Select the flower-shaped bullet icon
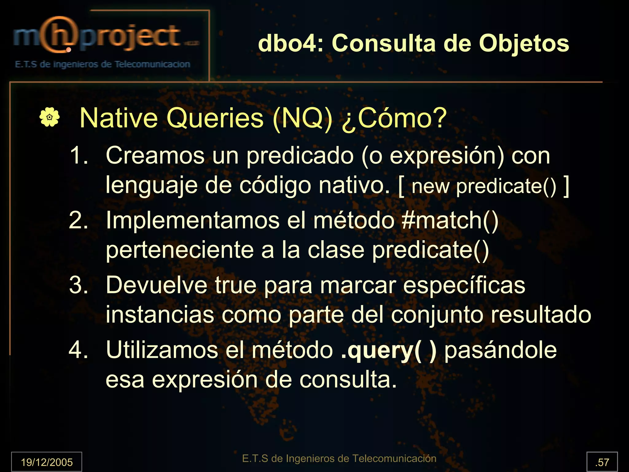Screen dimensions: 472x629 [x=49, y=117]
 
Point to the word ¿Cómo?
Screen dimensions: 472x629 [x=394, y=119]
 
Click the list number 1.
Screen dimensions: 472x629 [x=79, y=155]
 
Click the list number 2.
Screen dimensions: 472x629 [x=79, y=220]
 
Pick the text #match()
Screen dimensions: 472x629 [x=450, y=220]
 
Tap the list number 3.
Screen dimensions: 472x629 [x=79, y=285]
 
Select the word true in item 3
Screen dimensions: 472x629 [x=235, y=285]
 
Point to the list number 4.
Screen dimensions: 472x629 [x=79, y=350]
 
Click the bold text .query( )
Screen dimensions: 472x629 [x=389, y=350]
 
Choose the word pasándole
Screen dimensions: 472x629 [x=500, y=350]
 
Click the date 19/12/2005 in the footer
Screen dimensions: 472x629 [x=47, y=462]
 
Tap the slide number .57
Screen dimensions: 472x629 [x=602, y=462]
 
